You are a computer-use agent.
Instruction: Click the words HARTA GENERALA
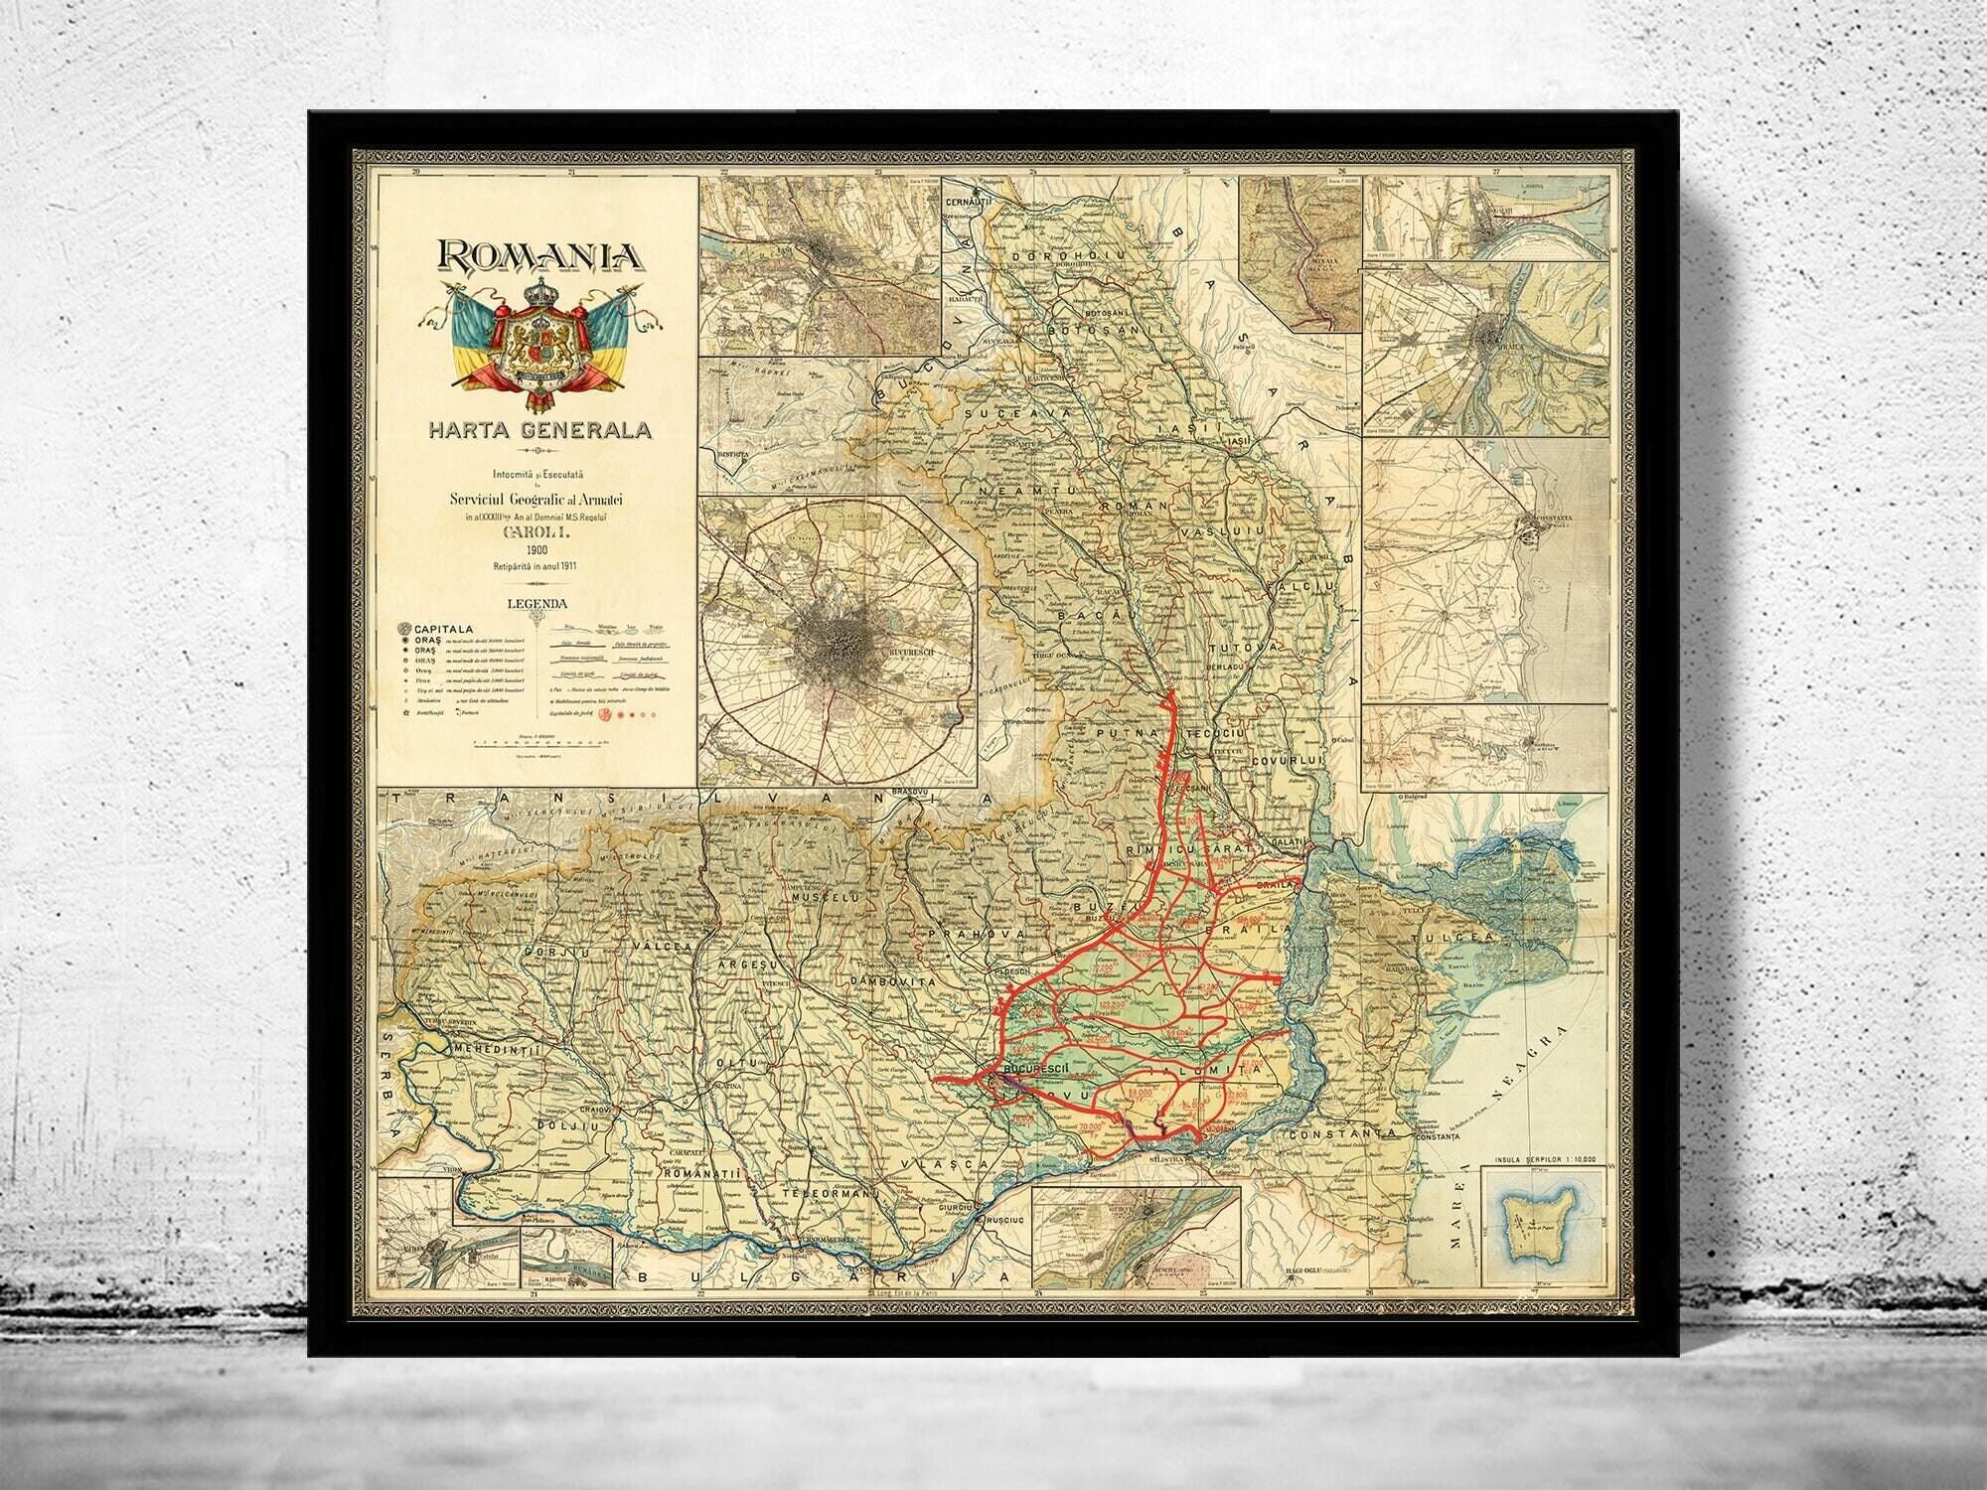coord(538,431)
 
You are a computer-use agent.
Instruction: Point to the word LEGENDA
coord(537,603)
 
